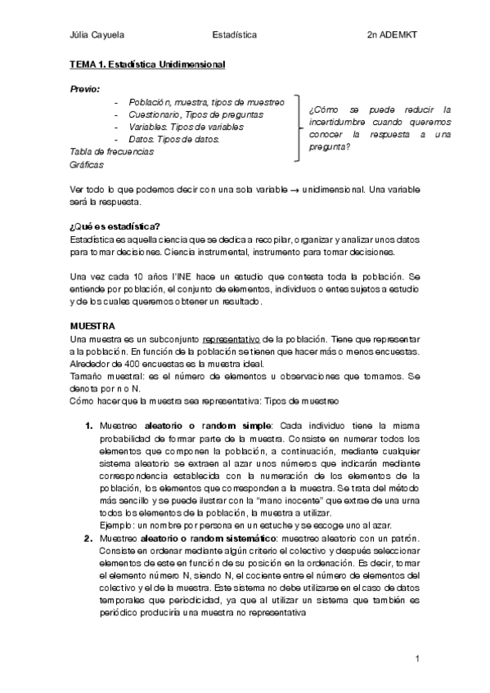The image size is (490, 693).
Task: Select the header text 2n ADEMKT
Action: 393,35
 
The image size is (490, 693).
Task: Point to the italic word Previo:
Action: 85,87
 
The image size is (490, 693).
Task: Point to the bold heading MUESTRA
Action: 92,326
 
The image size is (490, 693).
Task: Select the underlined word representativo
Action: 232,338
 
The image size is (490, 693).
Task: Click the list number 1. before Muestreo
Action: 89,426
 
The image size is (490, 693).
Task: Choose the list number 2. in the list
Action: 89,537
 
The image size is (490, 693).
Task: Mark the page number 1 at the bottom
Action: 417,658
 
